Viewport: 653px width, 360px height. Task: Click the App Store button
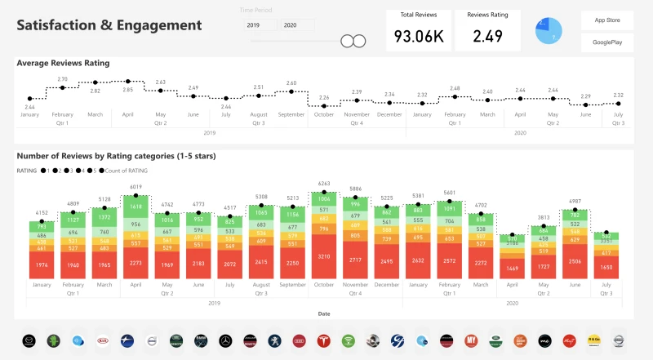[x=606, y=20]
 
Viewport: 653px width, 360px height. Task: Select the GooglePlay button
[x=606, y=42]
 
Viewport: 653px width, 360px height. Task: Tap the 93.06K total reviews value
[x=419, y=36]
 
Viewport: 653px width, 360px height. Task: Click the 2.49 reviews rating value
[x=487, y=36]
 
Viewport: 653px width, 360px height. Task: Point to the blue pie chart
[x=549, y=31]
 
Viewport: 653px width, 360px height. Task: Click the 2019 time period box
[x=259, y=25]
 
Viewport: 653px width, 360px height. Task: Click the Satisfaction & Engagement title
[x=109, y=25]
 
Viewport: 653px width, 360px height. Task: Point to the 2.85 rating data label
[x=128, y=90]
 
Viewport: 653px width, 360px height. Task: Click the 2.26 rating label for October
[x=324, y=97]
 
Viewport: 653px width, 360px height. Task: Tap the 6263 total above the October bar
[x=324, y=184]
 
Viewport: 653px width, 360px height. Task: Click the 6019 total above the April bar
[x=136, y=187]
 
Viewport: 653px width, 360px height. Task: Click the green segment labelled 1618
[x=136, y=208]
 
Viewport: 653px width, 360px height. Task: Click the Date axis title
[x=324, y=313]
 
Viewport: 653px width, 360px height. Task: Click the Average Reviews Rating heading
[x=63, y=63]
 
